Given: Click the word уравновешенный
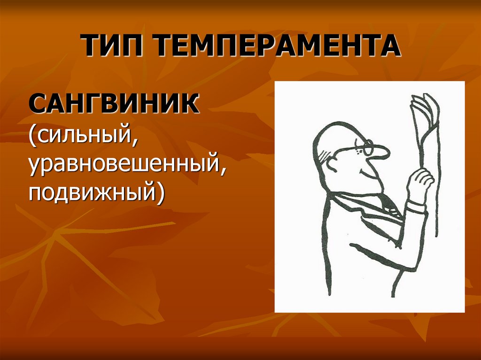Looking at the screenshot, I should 123,163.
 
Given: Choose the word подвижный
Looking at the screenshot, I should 93,192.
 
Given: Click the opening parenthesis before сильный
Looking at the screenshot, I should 34,135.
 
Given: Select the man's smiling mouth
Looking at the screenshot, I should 365,174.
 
